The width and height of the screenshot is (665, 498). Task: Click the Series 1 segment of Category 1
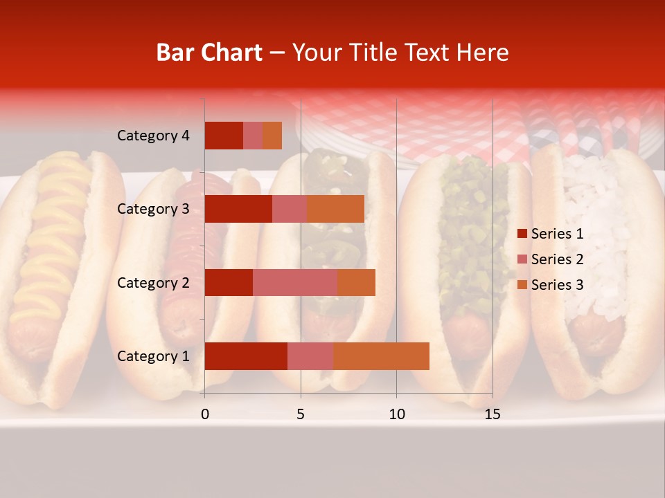tap(246, 356)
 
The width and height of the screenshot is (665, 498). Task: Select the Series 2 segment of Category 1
tap(310, 356)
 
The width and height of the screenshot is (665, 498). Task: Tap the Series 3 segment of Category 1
tap(381, 356)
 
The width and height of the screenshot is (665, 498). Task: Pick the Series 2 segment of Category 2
tap(295, 282)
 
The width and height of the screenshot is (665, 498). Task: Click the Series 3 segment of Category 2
tap(356, 282)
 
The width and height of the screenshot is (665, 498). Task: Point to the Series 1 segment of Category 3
tap(238, 209)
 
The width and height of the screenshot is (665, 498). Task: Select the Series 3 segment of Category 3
tap(336, 209)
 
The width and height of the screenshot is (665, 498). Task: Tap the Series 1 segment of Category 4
tap(224, 136)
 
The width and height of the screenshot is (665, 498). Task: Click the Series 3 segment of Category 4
tap(272, 136)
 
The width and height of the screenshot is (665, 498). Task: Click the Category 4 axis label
tap(153, 136)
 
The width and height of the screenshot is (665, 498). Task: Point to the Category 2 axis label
tap(153, 282)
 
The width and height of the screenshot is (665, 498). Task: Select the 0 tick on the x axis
tap(205, 414)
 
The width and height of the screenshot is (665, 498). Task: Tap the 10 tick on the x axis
tap(396, 414)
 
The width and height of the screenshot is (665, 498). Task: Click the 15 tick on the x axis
tap(493, 414)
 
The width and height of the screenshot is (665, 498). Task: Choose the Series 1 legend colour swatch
tap(522, 234)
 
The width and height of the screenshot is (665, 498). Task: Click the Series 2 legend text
tap(557, 259)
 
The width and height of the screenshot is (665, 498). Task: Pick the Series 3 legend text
tap(557, 285)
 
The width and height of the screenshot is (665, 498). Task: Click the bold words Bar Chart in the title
tap(209, 53)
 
